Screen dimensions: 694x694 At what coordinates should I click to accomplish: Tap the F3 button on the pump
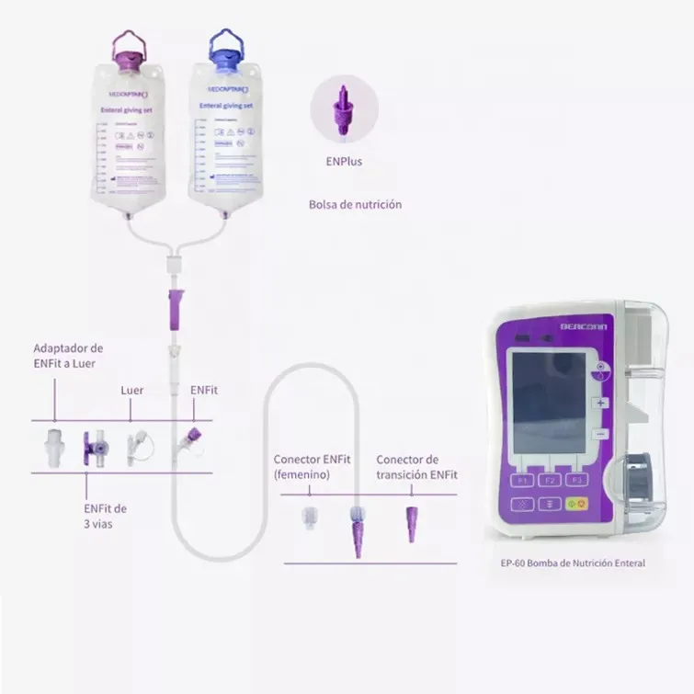coord(578,479)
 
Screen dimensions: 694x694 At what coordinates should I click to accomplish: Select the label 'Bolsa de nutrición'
coord(355,205)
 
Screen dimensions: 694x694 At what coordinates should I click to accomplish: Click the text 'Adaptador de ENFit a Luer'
coord(68,356)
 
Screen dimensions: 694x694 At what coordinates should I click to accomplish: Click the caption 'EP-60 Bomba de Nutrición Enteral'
coord(567,563)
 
